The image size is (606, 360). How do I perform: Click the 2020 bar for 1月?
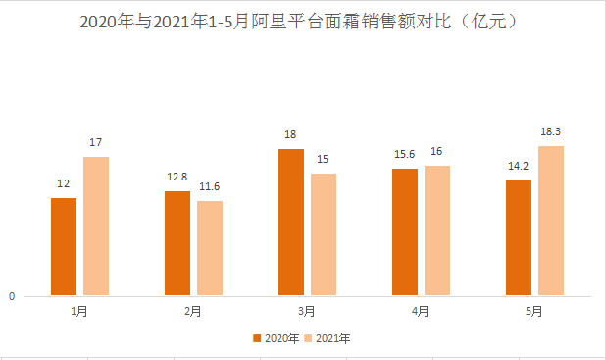tap(64, 246)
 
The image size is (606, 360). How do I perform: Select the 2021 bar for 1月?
tap(96, 226)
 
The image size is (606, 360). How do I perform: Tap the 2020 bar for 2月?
tap(177, 243)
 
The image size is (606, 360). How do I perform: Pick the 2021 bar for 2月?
tap(210, 248)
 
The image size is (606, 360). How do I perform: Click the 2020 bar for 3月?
tap(291, 222)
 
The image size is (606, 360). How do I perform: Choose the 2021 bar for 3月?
tap(324, 234)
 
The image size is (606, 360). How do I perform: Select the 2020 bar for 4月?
tap(405, 231)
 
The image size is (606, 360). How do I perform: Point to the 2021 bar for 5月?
tap(551, 221)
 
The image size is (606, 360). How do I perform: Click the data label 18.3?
tap(550, 131)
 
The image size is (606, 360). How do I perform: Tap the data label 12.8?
tap(177, 177)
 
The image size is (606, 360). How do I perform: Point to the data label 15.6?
tap(404, 154)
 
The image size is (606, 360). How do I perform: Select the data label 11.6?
tap(210, 186)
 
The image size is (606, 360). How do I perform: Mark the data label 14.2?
tap(519, 166)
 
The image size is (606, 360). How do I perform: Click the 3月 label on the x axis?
tap(307, 311)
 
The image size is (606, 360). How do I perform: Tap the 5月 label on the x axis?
tap(534, 311)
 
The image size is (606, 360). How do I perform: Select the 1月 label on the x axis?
tap(79, 311)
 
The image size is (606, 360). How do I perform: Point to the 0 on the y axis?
tap(12, 296)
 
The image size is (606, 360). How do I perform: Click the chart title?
tap(303, 21)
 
